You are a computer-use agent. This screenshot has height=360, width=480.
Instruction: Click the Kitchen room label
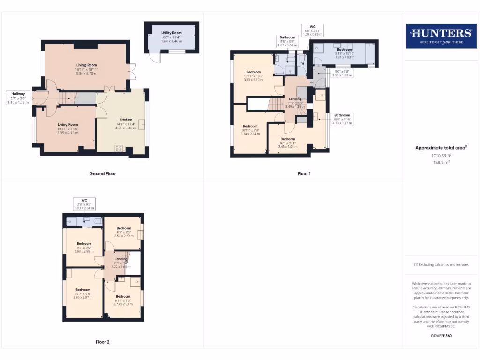[x=122, y=122]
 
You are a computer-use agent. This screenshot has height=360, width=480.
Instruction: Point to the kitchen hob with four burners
[x=119, y=148]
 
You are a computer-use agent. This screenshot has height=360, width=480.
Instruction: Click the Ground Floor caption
[x=102, y=173]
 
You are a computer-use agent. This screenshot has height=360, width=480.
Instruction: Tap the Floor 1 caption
[x=304, y=173]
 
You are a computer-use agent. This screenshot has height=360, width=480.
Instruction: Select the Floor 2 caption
[x=102, y=342]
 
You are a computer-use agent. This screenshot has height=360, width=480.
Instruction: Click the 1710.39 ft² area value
[x=441, y=155]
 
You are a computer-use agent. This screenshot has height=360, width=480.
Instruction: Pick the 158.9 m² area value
[x=441, y=162]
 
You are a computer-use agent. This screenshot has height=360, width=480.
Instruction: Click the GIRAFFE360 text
[x=441, y=336]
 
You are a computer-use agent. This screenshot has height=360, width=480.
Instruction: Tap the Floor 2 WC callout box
[x=85, y=204]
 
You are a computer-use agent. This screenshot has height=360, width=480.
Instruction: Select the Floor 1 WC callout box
[x=313, y=30]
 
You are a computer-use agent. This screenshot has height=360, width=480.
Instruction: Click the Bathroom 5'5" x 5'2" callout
[x=288, y=41]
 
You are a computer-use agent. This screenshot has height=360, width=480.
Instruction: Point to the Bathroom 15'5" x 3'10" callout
[x=342, y=118]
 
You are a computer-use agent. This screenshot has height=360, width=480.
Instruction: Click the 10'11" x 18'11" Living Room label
[x=86, y=69]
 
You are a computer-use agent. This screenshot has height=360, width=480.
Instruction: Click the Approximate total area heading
[x=441, y=148]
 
